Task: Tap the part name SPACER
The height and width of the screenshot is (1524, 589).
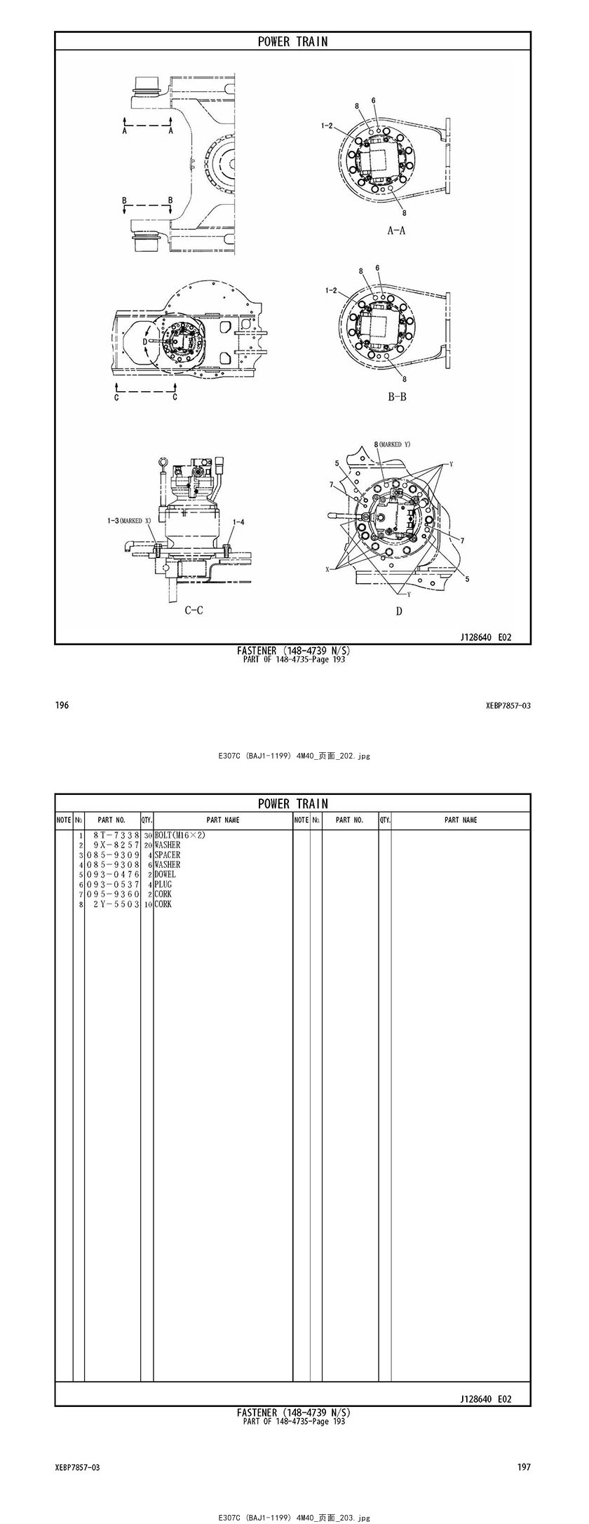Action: point(167,855)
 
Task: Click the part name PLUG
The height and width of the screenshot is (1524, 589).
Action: point(163,884)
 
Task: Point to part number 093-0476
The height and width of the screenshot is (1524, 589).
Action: point(113,874)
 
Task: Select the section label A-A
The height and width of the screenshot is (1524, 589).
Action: point(396,230)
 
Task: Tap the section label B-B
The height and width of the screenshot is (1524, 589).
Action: point(397,397)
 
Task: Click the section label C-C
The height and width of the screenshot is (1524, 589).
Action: point(194,610)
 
